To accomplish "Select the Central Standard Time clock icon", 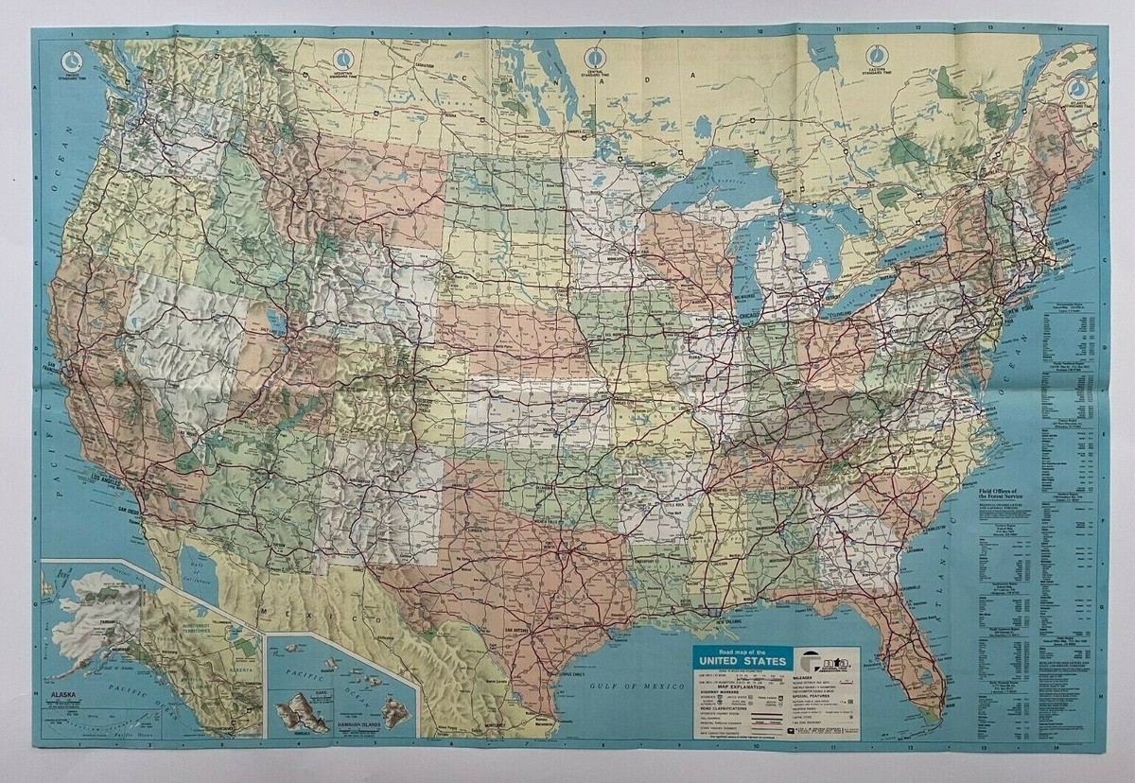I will click(x=594, y=55).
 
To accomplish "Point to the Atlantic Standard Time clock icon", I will click(x=1078, y=88).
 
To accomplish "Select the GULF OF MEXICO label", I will click(x=632, y=683).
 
